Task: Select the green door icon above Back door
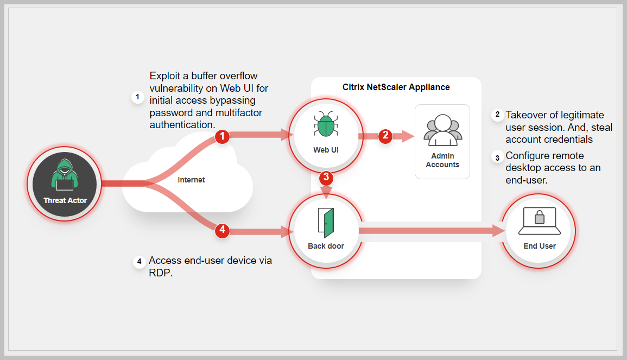coord(326,222)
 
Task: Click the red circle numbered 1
coord(222,137)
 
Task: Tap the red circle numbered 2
coord(385,136)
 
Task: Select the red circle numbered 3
coord(326,176)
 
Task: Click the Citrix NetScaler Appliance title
coord(396,87)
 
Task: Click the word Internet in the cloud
coord(191,179)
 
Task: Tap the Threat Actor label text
coord(65,200)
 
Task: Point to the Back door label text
coord(326,246)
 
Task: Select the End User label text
coord(540,246)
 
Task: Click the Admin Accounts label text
coord(442,160)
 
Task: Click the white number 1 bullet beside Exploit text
coord(138,98)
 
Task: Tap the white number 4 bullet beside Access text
coord(139,262)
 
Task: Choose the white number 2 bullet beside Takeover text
coord(497,115)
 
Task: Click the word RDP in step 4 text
coord(160,273)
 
